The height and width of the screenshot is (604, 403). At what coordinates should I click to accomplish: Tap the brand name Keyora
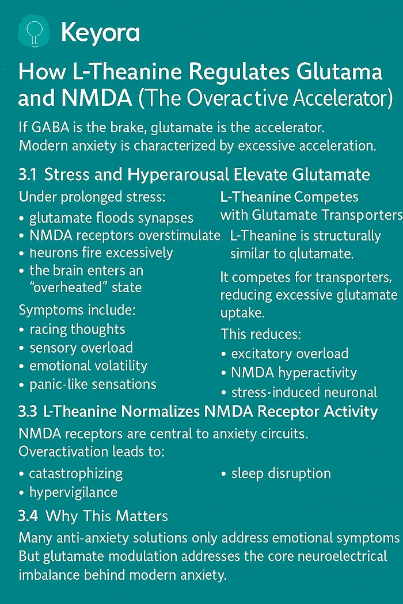coord(100,32)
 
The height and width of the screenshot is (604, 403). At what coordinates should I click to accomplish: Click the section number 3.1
coord(28,174)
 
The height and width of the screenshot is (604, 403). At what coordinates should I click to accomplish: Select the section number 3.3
coord(28,412)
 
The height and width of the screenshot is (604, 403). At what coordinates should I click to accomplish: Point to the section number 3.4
coord(28,516)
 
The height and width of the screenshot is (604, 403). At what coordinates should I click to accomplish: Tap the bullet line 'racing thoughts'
coord(77,330)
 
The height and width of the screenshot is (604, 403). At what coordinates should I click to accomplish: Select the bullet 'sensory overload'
coord(81,348)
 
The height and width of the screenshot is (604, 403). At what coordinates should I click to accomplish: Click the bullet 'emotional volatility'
coord(88,366)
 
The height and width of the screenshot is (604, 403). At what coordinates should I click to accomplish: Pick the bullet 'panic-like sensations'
coord(93,384)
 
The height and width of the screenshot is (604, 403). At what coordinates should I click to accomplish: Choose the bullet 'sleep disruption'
coord(281,473)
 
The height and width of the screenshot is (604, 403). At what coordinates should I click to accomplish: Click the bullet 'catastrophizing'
coord(76,473)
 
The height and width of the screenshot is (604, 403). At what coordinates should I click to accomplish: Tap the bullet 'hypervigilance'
coord(73,492)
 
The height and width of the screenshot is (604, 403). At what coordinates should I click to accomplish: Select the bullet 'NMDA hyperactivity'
coord(294,373)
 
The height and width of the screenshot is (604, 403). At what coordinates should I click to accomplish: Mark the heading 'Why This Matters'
coord(107,516)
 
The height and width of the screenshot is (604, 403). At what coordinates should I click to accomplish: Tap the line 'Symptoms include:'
coord(77,311)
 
